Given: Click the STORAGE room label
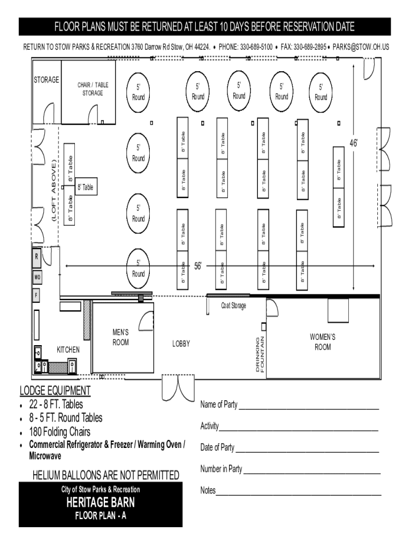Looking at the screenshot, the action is tap(46, 80).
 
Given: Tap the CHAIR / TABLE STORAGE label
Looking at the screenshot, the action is tap(93, 89).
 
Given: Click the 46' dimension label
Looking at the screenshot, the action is tap(354, 143).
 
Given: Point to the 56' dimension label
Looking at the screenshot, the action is tap(198, 267).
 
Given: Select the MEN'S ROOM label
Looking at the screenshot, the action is tap(120, 337).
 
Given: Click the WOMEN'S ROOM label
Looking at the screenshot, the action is tap(323, 342).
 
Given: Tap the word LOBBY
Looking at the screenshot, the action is tap(181, 344).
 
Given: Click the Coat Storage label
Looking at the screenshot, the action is tap(233, 306).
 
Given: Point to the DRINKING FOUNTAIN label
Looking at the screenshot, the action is tap(260, 354).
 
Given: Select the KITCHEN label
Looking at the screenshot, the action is tap(68, 349).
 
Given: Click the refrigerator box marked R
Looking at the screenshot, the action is tap(37, 256).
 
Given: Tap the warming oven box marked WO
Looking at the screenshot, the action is tap(37, 277).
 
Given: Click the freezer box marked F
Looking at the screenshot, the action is tap(36, 295).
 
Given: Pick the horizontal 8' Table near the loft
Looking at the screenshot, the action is tap(86, 187).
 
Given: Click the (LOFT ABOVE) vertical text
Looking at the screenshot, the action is tap(54, 191).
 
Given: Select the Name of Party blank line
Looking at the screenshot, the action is tap(309, 408).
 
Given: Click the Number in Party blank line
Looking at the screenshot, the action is tap(312, 473).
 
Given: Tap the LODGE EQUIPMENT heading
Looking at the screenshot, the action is tap(55, 390).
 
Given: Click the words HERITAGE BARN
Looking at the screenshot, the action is tap(101, 502).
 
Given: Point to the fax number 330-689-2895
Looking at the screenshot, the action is tap(310, 47).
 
